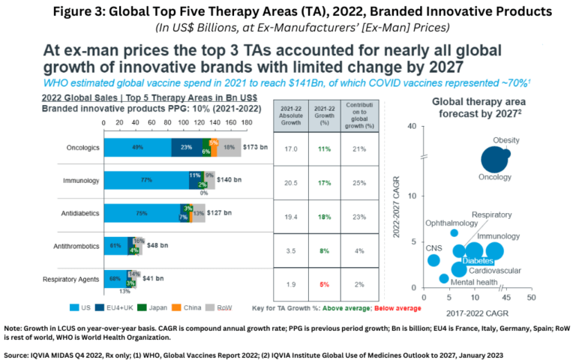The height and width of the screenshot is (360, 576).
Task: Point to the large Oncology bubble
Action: (x=493, y=160)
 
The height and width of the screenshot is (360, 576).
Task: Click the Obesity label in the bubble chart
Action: (x=506, y=140)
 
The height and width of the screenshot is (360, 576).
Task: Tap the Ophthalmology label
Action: (x=451, y=223)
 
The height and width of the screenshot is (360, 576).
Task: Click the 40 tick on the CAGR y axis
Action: (x=411, y=126)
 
